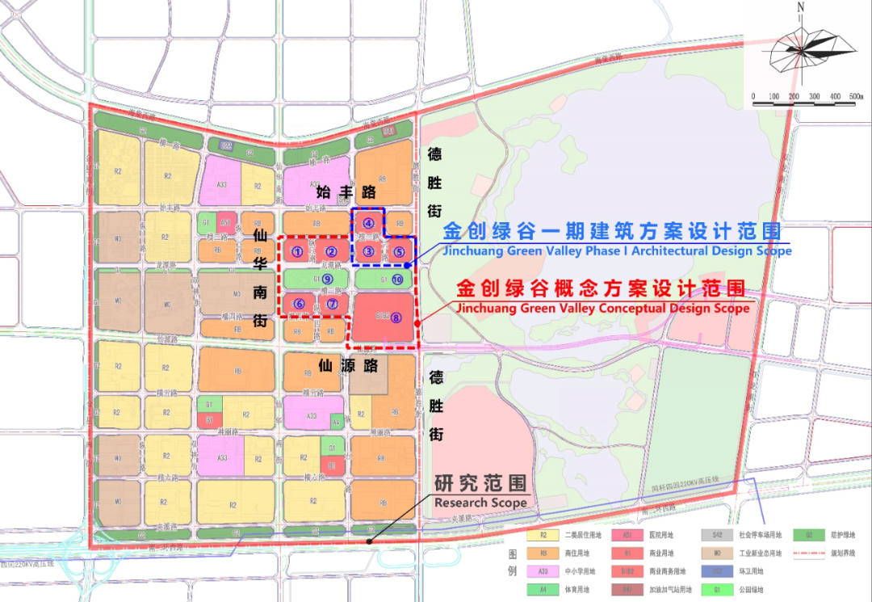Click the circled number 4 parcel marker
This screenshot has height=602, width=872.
coord(368,223)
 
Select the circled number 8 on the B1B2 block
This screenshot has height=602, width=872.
coord(396,318)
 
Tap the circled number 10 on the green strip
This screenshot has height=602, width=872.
coord(396,280)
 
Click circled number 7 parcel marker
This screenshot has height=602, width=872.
coord(332,304)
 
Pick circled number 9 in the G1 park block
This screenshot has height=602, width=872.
coord(327,280)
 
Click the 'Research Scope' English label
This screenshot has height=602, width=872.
coord(480,503)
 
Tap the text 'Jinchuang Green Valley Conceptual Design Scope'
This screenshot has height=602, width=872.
coord(602,308)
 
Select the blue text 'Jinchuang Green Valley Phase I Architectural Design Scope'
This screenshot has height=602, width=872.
coord(617,250)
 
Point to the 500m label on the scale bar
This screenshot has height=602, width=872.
coord(854,96)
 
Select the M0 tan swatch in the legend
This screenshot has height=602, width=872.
coord(716,554)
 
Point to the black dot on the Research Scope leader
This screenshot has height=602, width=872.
coord(369,541)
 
